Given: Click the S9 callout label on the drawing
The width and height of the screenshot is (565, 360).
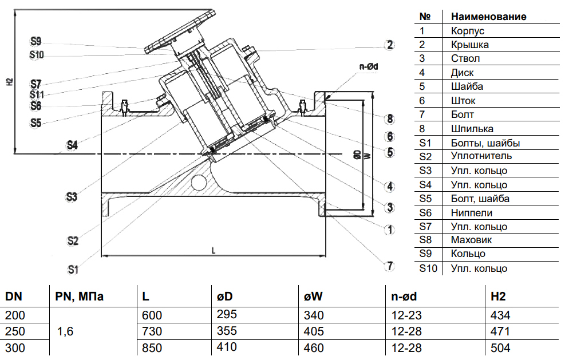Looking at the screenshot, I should click(x=36, y=41).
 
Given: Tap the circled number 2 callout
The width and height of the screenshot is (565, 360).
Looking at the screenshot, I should click(x=390, y=45).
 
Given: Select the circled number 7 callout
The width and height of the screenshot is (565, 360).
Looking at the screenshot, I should click(x=390, y=266).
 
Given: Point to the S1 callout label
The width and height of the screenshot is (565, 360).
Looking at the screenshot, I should click(x=72, y=268).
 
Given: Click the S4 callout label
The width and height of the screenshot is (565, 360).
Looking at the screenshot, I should click(x=72, y=145).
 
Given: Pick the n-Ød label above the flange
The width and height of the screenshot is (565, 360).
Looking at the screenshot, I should click(x=369, y=68).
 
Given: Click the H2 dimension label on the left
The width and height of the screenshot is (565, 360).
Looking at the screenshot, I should click(x=10, y=82).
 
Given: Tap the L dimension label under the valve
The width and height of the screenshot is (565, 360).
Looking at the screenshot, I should click(x=214, y=250).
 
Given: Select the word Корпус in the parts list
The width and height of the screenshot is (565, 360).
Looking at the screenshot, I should click(x=468, y=31).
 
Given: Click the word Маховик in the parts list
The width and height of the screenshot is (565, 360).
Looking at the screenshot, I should click(x=471, y=240).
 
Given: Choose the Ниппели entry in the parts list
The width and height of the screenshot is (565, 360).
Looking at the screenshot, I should click(x=472, y=212).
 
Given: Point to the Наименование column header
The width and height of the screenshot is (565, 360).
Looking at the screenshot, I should click(x=488, y=16).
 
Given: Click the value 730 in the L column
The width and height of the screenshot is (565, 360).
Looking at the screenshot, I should click(x=152, y=331).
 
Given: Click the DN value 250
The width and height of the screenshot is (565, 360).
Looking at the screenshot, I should click(x=15, y=331).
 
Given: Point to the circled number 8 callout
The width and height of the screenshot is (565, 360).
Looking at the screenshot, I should click(x=390, y=119).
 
